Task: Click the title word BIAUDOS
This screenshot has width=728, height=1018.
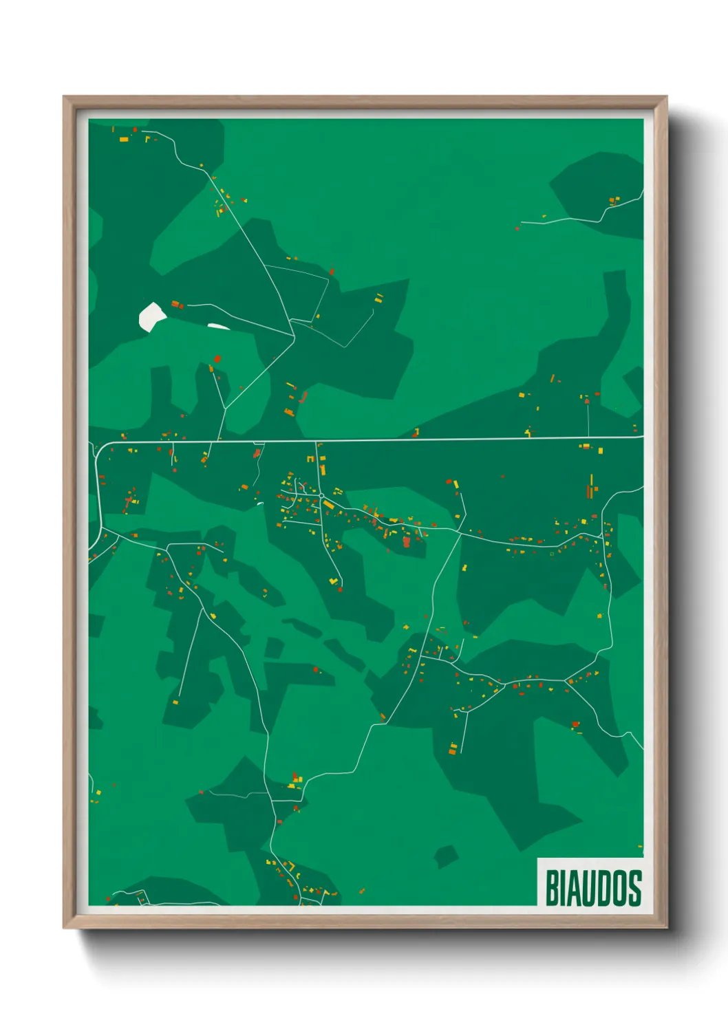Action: (x=593, y=888)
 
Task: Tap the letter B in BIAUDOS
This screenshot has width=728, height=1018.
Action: (x=553, y=888)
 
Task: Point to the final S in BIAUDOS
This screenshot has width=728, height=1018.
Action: (x=634, y=888)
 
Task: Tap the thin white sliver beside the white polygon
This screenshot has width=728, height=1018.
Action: (x=219, y=326)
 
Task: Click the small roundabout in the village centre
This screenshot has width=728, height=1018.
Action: (x=321, y=495)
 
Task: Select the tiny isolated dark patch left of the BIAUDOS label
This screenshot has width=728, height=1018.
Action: (x=446, y=856)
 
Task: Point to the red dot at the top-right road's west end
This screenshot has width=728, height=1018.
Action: (x=517, y=228)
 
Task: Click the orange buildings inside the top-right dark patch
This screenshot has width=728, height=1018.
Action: (x=614, y=201)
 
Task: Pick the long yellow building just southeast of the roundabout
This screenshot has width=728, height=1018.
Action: (x=329, y=505)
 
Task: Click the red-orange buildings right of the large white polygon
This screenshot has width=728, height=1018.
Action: (x=177, y=304)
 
